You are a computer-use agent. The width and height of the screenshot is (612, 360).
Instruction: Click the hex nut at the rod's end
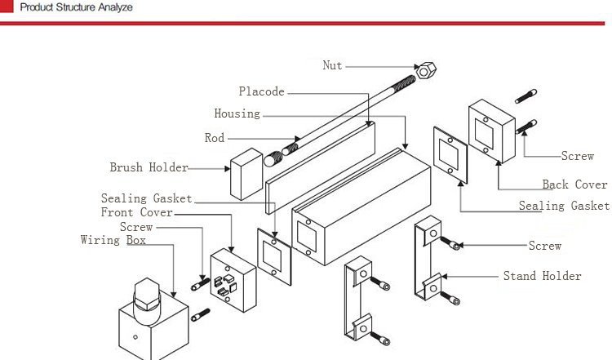(x=426, y=71)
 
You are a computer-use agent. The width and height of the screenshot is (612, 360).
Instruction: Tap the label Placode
(x=261, y=91)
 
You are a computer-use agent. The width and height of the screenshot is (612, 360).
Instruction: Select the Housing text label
(x=237, y=113)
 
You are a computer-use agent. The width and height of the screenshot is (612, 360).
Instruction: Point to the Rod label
(x=215, y=138)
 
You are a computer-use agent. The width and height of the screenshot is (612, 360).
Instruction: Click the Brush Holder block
(x=246, y=174)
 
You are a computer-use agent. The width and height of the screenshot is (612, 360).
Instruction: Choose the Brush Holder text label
(x=149, y=167)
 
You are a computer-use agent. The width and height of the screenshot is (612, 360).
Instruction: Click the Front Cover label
(x=136, y=212)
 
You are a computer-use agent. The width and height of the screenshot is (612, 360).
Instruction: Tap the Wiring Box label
(x=113, y=240)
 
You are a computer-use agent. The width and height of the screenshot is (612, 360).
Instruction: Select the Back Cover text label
(x=575, y=184)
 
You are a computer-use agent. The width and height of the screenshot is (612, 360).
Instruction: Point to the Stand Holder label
(x=542, y=276)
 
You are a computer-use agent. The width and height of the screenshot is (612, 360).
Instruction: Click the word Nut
(x=333, y=65)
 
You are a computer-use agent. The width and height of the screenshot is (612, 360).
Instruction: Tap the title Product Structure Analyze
(x=76, y=7)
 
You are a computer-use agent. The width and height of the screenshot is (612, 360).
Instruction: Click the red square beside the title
(x=7, y=6)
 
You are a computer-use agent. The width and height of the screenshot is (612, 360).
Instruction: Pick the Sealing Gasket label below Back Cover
(x=564, y=206)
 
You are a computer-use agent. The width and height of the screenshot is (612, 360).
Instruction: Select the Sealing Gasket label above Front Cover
(x=146, y=198)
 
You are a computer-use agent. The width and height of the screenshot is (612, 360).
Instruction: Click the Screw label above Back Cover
(x=578, y=156)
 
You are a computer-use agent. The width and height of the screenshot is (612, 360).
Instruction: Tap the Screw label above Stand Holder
(x=545, y=246)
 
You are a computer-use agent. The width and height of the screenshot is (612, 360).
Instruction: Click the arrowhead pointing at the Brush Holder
(x=227, y=169)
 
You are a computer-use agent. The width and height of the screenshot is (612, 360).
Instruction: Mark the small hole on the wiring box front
(x=135, y=337)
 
